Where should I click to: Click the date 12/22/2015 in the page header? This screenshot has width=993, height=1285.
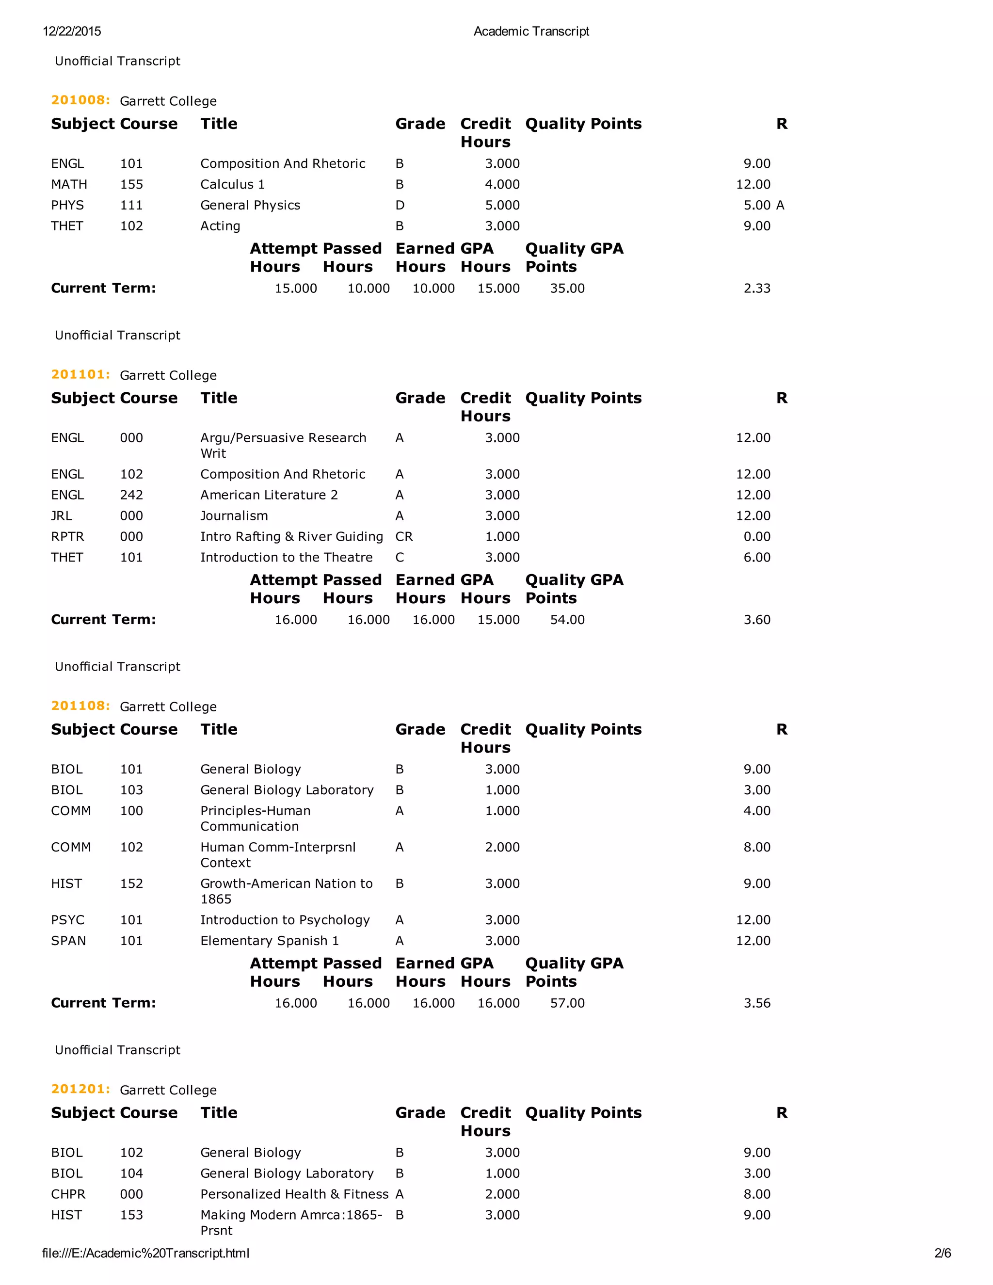pos(72,31)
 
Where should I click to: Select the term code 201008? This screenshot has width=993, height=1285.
pos(80,100)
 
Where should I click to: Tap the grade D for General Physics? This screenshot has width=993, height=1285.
pos(400,205)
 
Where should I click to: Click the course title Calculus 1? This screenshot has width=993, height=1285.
pos(232,185)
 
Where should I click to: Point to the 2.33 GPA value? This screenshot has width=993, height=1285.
pos(756,289)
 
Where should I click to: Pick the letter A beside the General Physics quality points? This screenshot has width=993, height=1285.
pos(780,205)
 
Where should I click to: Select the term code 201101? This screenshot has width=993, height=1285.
pos(80,374)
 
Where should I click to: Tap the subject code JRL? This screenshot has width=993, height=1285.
pos(61,516)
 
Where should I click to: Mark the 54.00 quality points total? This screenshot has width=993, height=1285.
pos(567,620)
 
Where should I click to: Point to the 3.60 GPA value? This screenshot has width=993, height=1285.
pos(756,620)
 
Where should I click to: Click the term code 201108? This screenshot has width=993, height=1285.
pos(80,706)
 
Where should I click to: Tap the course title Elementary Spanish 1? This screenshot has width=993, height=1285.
pos(270,941)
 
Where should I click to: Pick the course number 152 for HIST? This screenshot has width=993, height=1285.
pos(131,883)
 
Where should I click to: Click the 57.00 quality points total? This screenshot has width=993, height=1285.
pos(567,1003)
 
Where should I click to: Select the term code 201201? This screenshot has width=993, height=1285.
pos(80,1089)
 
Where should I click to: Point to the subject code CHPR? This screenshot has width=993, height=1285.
pos(68,1194)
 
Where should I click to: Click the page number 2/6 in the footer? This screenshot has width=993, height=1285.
pos(943,1253)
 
